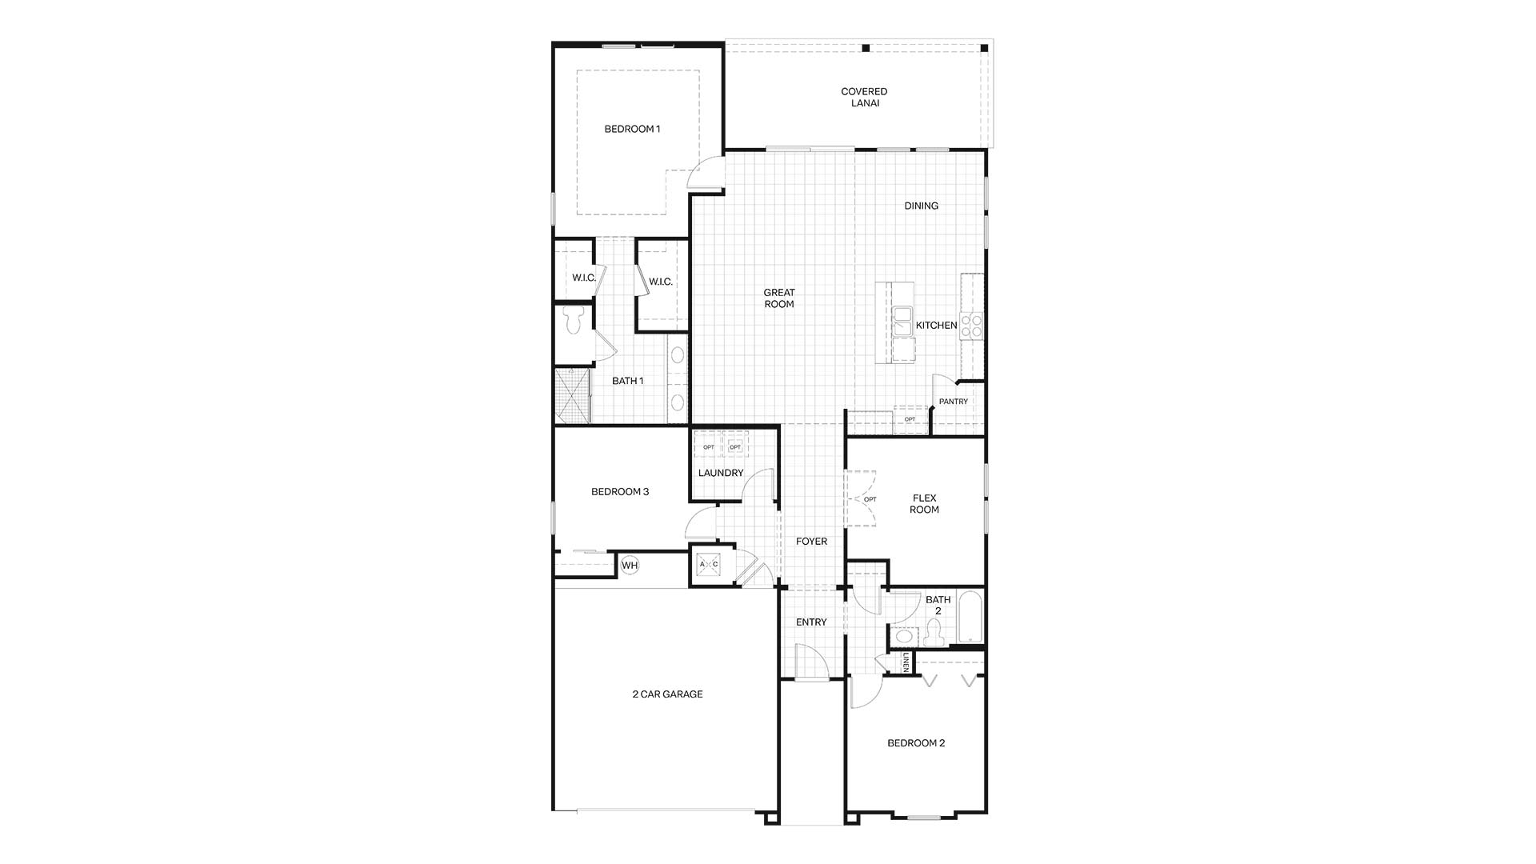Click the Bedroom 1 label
(x=632, y=129)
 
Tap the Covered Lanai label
(x=864, y=98)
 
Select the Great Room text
(x=778, y=298)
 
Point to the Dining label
(x=921, y=206)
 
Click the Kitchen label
(x=936, y=326)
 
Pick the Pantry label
(x=953, y=402)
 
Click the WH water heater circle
(x=630, y=566)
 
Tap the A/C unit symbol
(x=709, y=564)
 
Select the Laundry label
(x=721, y=473)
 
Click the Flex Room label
(x=924, y=503)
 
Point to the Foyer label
(x=811, y=542)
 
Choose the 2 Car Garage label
(x=667, y=694)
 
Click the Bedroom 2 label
(x=916, y=743)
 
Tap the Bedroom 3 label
(x=620, y=492)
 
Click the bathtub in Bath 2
(x=970, y=617)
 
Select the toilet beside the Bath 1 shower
(x=573, y=321)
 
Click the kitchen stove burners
(x=972, y=326)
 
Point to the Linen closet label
(x=906, y=662)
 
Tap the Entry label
(x=811, y=622)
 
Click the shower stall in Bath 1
(x=573, y=394)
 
